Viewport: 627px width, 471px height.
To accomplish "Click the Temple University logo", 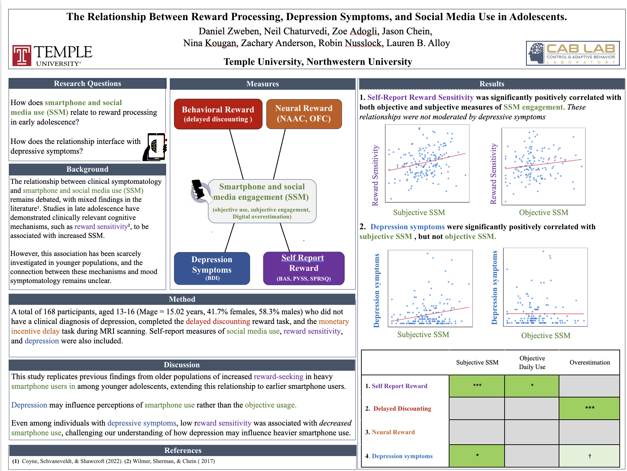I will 52,55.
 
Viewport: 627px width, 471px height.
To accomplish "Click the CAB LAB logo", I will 573,53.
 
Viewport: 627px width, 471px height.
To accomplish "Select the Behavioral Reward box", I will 218,114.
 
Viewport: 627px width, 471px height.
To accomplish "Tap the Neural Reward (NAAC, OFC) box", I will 304,114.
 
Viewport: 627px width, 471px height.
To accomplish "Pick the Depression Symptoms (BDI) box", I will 212,268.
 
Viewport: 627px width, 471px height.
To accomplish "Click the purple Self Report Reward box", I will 303,268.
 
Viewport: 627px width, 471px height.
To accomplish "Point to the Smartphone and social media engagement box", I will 262,201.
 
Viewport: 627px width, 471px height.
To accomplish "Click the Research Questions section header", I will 87,84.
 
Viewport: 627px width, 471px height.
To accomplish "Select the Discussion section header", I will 182,365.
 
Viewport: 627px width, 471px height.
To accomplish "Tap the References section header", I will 183,450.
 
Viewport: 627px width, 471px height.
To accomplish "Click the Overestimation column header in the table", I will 590,362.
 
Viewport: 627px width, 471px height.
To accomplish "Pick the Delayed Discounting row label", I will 402,409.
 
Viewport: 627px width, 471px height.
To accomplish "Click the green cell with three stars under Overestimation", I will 589,408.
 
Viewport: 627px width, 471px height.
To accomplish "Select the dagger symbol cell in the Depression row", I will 589,456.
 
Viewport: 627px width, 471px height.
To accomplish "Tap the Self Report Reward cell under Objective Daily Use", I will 532,386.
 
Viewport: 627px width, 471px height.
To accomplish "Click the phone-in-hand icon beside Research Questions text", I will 155,147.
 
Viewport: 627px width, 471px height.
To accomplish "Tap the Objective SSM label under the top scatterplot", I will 543,213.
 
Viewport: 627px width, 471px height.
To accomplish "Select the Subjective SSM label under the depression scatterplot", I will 423,335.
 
